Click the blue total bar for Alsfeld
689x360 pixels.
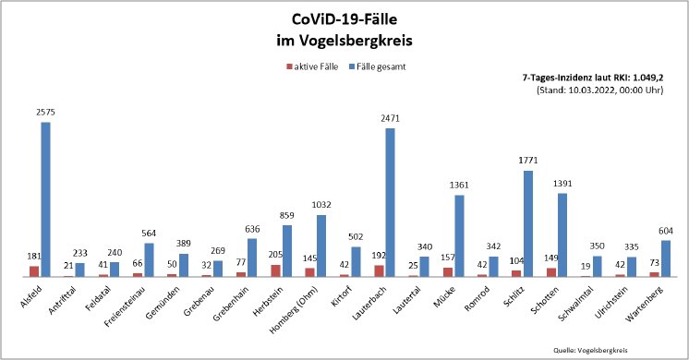click(45, 199)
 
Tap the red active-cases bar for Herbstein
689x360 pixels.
click(275, 270)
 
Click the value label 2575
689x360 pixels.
click(46, 112)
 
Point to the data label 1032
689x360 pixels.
click(322, 205)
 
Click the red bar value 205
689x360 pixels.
click(274, 256)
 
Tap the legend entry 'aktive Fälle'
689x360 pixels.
click(318, 66)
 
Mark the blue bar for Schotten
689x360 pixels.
click(562, 234)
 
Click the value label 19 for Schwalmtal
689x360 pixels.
click(585, 267)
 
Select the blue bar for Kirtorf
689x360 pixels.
click(357, 261)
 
